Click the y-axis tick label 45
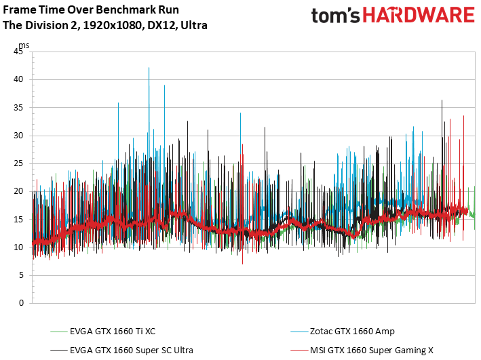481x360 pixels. tap(18, 52)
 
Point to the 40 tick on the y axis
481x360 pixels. tap(18, 79)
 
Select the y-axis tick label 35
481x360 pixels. tap(18, 108)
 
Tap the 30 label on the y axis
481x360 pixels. tap(18, 136)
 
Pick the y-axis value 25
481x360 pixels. tap(18, 163)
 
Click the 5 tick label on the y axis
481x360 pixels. tap(21, 275)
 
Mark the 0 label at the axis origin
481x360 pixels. tap(21, 303)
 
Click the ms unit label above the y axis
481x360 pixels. tap(24, 45)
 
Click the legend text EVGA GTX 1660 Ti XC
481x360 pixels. tap(113, 332)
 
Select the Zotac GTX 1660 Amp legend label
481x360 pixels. tap(352, 332)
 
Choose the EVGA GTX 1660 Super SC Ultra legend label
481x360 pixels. tap(132, 351)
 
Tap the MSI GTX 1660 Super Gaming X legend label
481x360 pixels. tap(372, 351)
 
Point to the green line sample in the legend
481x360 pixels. tap(58, 332)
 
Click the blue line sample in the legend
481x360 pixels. tap(299, 332)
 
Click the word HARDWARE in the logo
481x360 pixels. tap(419, 15)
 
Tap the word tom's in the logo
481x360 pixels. tap(335, 16)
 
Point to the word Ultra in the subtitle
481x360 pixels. tap(194, 25)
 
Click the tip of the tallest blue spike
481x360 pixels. tap(149, 68)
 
